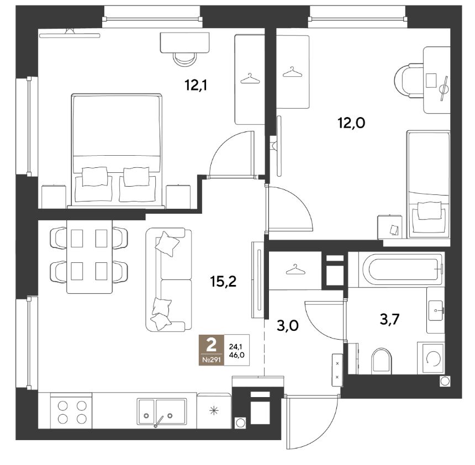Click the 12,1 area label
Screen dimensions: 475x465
point(196,85)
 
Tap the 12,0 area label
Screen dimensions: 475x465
point(351,123)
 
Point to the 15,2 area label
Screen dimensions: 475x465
point(223,282)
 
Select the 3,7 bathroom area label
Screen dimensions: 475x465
point(390,319)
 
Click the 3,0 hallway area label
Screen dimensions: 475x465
point(288,326)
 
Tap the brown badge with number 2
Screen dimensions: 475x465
point(212,350)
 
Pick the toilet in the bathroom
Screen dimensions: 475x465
point(382,361)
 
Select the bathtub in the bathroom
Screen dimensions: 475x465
point(402,270)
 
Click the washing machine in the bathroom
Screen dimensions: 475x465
point(431,358)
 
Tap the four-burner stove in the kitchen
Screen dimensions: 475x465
point(71,411)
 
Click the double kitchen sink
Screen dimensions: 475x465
point(162,413)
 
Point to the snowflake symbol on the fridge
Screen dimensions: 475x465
point(214,411)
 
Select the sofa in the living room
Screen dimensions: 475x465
point(168,279)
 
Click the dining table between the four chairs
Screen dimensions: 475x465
point(89,257)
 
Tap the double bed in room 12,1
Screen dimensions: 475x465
point(117,151)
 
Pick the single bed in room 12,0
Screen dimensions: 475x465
point(428,184)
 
